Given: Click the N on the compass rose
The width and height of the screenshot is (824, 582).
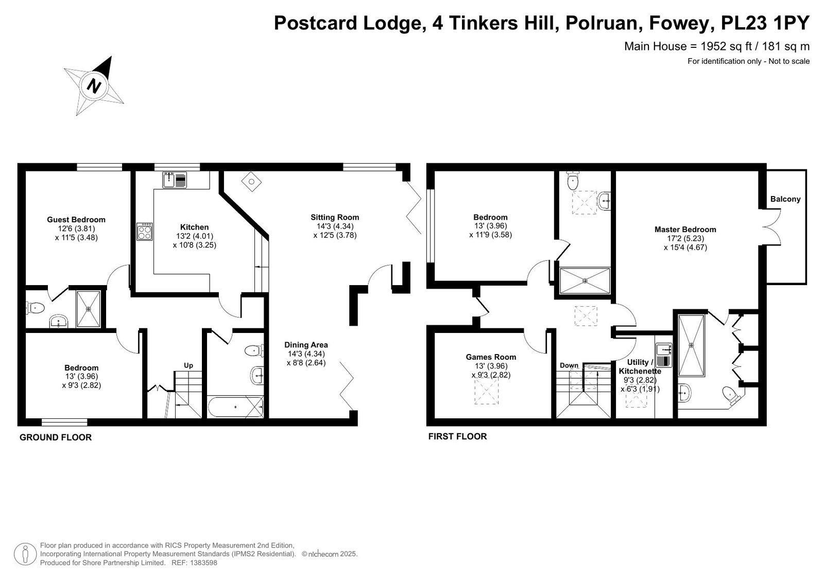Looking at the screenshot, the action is [x=94, y=86].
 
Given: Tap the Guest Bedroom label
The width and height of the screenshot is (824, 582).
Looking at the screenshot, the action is [x=76, y=220].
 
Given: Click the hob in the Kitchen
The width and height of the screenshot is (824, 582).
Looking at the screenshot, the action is [x=144, y=231].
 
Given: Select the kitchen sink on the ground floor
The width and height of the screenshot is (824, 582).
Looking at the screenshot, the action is [x=175, y=180].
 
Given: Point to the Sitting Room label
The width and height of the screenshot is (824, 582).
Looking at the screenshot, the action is [x=335, y=217].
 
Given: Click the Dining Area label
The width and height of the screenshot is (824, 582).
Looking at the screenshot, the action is [x=306, y=345].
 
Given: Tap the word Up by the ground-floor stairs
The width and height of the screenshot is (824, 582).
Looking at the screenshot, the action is [x=188, y=365].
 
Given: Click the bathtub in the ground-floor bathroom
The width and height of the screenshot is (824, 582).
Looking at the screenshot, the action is [x=235, y=407].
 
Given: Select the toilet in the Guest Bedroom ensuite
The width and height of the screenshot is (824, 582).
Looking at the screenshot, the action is [x=35, y=308].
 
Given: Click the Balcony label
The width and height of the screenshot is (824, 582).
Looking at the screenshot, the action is [x=785, y=199].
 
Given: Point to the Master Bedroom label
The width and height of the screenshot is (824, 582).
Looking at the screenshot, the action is [x=685, y=230].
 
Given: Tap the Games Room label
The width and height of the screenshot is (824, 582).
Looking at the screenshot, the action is [x=491, y=357].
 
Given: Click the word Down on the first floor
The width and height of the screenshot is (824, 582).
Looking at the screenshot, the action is [x=569, y=365].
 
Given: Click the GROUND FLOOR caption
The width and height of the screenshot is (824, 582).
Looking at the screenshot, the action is [x=56, y=437].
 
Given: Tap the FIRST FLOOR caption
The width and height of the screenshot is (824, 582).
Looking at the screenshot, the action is [x=458, y=436].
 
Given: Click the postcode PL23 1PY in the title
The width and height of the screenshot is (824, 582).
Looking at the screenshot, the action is [x=765, y=23].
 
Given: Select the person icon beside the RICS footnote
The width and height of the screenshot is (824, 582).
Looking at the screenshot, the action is [x=25, y=554].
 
